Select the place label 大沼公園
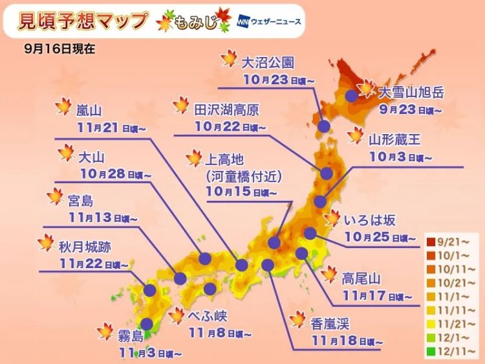coord(268,62)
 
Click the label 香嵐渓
coord(330,321)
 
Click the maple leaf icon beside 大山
coord(66,154)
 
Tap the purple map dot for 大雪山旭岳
coord(352,95)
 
